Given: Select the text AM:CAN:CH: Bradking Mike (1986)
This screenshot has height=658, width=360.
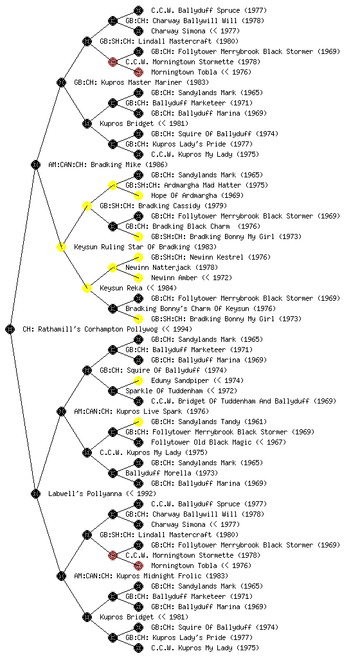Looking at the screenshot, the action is [x=108, y=164].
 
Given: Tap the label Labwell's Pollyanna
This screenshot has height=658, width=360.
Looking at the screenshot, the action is [x=81, y=493].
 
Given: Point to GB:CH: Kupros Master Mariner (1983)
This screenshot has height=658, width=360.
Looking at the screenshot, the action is [x=141, y=82].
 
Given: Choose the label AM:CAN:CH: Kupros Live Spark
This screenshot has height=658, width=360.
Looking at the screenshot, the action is [x=128, y=411].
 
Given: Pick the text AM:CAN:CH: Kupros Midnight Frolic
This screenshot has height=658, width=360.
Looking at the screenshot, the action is [x=138, y=576].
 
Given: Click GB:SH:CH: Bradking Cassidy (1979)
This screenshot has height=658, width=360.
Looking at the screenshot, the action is [x=163, y=206].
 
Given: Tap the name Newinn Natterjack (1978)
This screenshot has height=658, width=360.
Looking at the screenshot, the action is [x=172, y=267].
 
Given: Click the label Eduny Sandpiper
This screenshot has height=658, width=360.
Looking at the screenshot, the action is [x=179, y=380].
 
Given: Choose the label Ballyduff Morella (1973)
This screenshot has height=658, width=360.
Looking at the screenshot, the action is [x=172, y=473].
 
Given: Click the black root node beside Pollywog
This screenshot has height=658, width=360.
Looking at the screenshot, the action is [x=10, y=329].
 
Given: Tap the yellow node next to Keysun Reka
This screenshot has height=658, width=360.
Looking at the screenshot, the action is [x=87, y=288].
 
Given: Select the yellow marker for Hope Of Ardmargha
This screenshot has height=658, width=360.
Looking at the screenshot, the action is [x=138, y=195].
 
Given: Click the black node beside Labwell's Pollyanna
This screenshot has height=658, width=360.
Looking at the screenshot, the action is [x=35, y=493].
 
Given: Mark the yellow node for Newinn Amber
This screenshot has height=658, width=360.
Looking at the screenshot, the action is [x=138, y=278].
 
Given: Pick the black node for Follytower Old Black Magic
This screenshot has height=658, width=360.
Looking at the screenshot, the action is [x=138, y=442].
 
